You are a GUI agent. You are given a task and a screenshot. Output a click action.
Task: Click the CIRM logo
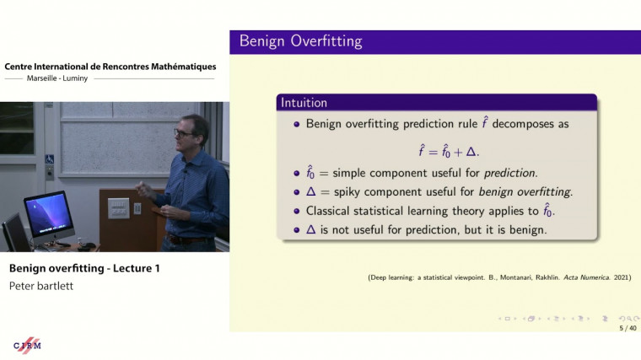(27, 345)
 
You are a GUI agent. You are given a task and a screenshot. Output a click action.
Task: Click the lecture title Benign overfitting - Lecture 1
(84, 269)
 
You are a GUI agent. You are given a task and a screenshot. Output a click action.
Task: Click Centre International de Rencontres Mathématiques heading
(110, 67)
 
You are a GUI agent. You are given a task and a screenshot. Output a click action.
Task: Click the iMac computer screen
(48, 215)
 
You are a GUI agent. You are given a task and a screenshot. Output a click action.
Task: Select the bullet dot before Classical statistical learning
(297, 211)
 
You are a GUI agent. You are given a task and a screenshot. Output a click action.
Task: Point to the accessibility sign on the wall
(50, 159)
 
